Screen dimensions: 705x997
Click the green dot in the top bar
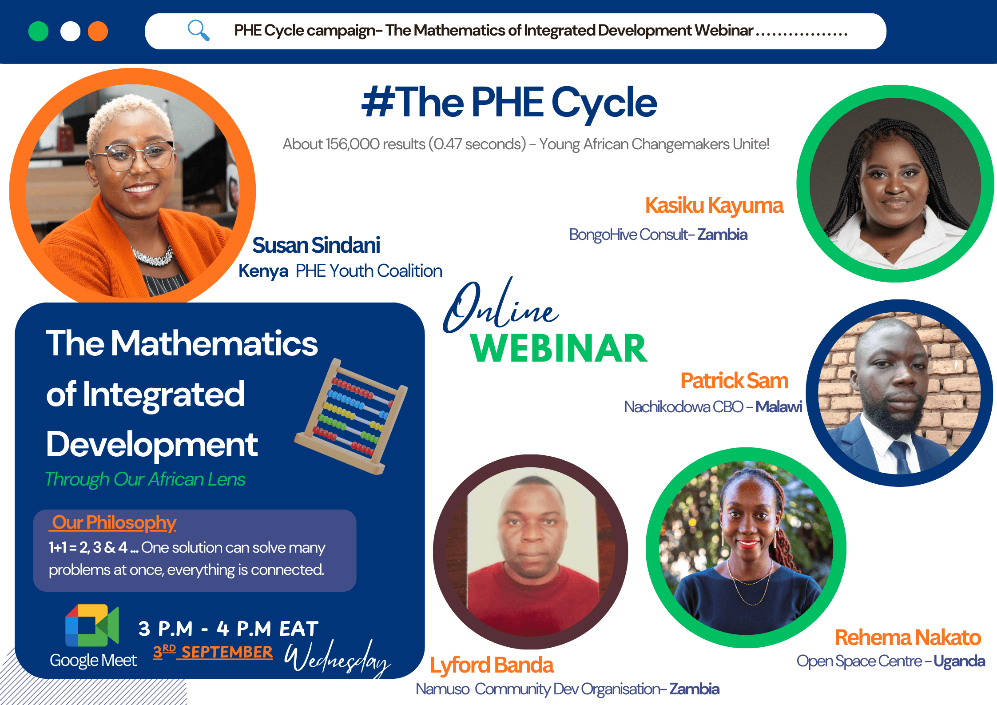[x=38, y=32]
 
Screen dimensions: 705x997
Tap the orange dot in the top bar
[x=98, y=32]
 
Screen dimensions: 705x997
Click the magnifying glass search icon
[x=198, y=30]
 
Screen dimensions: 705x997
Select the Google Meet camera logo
[x=92, y=625]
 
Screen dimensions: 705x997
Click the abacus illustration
[x=351, y=416]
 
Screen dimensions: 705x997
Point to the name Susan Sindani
[x=316, y=245]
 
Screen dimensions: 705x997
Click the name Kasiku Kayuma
[x=714, y=206]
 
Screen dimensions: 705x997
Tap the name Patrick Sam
[x=734, y=381]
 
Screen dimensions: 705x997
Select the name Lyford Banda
[x=492, y=665]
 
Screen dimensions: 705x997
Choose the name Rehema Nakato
[x=907, y=637]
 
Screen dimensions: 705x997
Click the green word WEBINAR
[x=559, y=349]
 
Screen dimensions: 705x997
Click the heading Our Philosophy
[x=114, y=522]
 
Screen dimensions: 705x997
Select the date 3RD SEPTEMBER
[x=213, y=652]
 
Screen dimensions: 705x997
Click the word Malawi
[x=779, y=406]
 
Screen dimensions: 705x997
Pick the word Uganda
[x=959, y=661]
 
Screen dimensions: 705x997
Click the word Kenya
[x=263, y=271]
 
